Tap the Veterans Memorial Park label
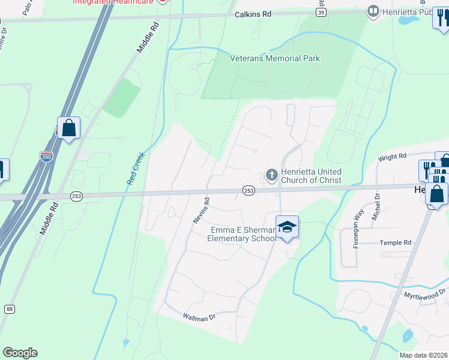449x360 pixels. tap(275, 58)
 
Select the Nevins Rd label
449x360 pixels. tap(201, 211)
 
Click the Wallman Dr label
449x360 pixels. tap(199, 317)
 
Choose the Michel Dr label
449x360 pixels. tap(376, 206)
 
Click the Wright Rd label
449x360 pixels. tap(392, 157)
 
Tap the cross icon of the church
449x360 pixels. tap(271, 175)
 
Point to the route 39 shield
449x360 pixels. tap(321, 13)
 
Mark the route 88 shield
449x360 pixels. tap(9, 309)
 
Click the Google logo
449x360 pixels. tap(20, 353)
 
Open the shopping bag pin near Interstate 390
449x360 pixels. tap(68, 128)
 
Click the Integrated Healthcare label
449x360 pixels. tap(112, 2)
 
